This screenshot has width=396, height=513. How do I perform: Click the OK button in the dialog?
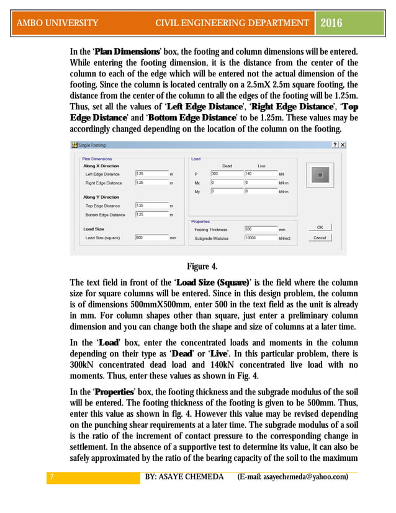[320, 227]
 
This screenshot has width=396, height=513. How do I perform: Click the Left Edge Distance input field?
[151, 174]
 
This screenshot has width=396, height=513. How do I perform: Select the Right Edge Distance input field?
[151, 183]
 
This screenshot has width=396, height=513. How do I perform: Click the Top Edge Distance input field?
[151, 206]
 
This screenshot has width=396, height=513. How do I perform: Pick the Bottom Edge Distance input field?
[151, 215]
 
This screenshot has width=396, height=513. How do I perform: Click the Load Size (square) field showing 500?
[151, 237]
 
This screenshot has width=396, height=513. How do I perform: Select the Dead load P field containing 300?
[226, 174]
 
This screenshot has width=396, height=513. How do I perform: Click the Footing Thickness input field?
[260, 229]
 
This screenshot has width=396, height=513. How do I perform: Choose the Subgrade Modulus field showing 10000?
[260, 237]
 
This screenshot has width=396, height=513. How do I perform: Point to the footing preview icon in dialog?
[320, 175]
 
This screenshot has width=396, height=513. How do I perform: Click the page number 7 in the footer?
[51, 476]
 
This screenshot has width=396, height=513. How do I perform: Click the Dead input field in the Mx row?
[226, 183]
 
